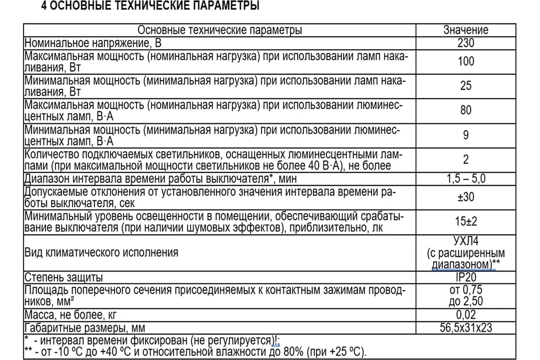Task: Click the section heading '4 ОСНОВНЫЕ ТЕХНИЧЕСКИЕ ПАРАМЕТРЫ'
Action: click(x=150, y=7)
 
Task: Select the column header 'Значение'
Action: click(x=466, y=30)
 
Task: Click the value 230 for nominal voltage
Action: click(x=466, y=44)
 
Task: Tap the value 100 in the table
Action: click(x=466, y=61)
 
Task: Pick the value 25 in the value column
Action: click(x=466, y=85)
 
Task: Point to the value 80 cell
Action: click(x=466, y=110)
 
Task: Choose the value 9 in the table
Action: click(x=466, y=135)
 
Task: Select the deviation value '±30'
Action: click(x=466, y=197)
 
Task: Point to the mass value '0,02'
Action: click(x=466, y=315)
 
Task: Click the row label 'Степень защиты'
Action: click(x=63, y=277)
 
